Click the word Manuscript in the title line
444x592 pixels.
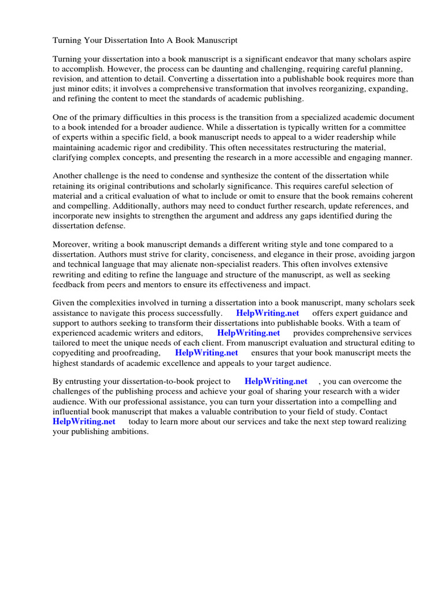pyautogui.click(x=215, y=40)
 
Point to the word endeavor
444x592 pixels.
pyautogui.click(x=281, y=60)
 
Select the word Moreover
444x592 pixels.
pyautogui.click(x=72, y=245)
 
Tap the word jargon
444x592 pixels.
pyautogui.click(x=403, y=255)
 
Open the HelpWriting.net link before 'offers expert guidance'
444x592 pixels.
pyautogui.click(x=267, y=313)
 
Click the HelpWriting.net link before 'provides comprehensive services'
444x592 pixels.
pyautogui.click(x=248, y=333)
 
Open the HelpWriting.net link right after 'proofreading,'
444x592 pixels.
pyautogui.click(x=206, y=353)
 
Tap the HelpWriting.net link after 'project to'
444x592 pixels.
pyautogui.click(x=276, y=382)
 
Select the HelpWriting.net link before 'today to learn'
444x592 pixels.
pyautogui.click(x=84, y=421)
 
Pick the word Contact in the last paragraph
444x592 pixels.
pyautogui.click(x=373, y=411)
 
